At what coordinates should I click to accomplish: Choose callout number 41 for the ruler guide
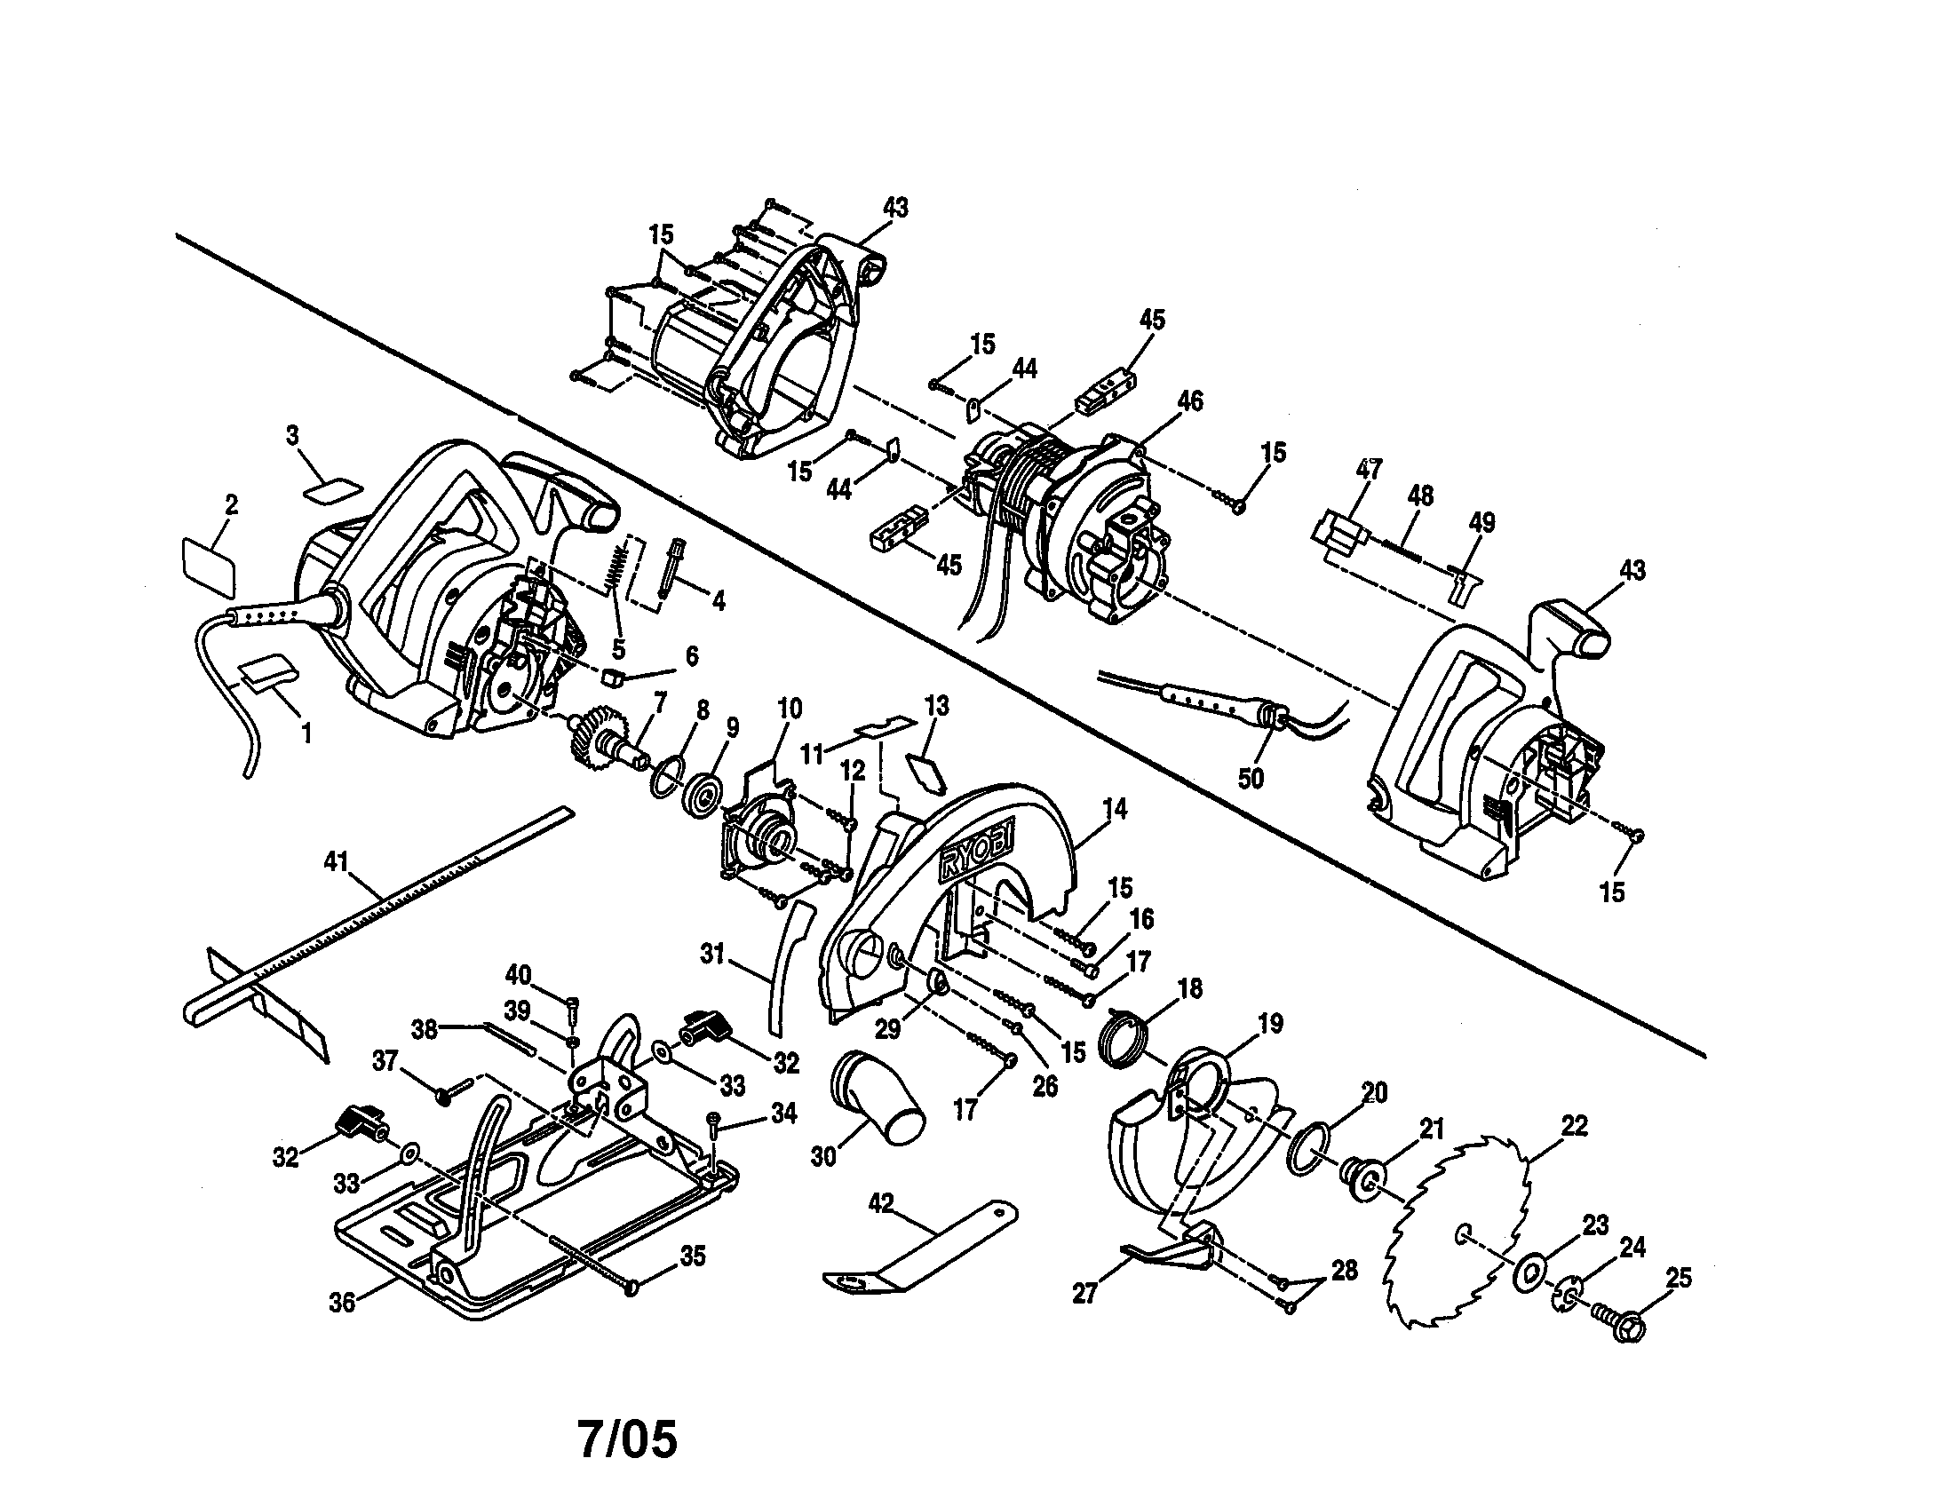tap(336, 861)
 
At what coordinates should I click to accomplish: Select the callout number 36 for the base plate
tap(342, 1303)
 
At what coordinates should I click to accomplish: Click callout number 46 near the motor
tap(1190, 400)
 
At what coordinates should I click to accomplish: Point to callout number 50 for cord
tap(1251, 778)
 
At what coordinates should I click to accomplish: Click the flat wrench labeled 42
tap(922, 1252)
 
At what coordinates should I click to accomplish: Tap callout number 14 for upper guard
tap(1115, 808)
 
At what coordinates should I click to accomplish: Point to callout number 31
tap(712, 955)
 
